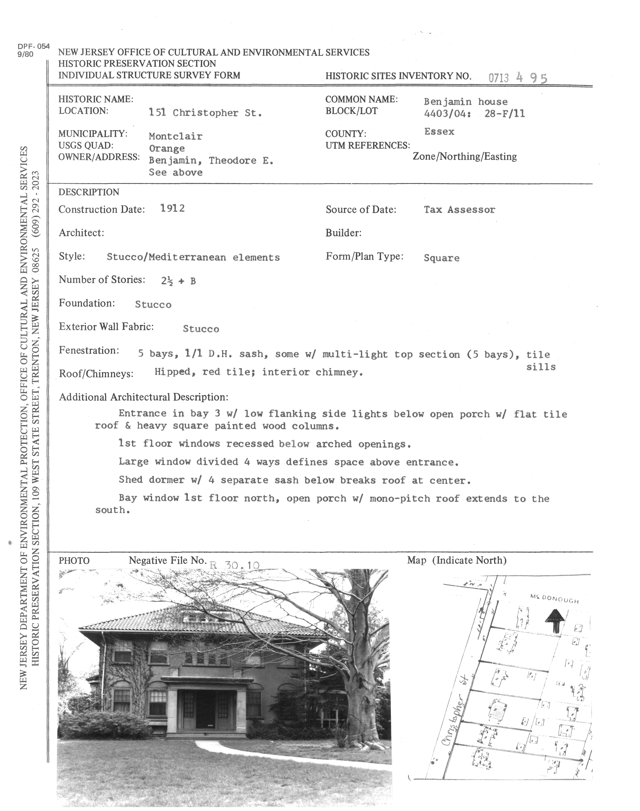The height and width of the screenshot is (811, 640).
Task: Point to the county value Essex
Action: tap(439, 132)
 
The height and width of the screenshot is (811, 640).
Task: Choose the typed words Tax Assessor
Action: tap(459, 210)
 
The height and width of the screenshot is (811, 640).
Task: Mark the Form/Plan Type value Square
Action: tap(441, 258)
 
